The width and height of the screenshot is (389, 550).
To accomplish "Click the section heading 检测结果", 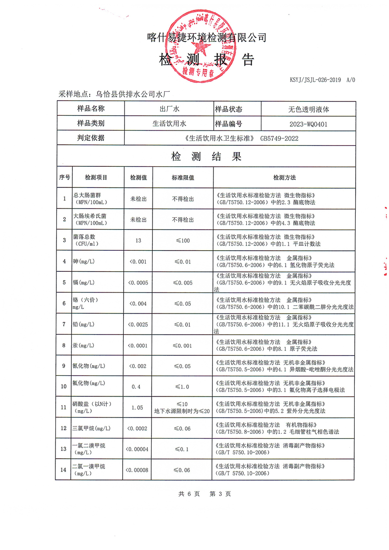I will pyautogui.click(x=206, y=157).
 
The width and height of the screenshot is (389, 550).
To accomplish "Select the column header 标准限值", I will pyautogui.click(x=183, y=177).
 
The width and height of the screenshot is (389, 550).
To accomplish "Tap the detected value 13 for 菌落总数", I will pyautogui.click(x=138, y=240).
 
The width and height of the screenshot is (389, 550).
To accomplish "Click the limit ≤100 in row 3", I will pyautogui.click(x=183, y=240).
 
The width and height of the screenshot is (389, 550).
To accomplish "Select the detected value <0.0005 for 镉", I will pyautogui.click(x=138, y=283).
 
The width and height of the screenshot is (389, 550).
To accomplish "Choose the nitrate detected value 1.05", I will pyautogui.click(x=137, y=407).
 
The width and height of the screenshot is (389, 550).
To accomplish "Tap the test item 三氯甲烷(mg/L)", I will pyautogui.click(x=91, y=428).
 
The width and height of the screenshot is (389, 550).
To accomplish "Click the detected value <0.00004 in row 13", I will pyautogui.click(x=138, y=449).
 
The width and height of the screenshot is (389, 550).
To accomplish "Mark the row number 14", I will pyautogui.click(x=64, y=470).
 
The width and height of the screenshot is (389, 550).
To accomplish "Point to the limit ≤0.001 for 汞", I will pyautogui.click(x=183, y=345).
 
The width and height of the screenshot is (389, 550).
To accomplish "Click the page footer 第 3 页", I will pyautogui.click(x=220, y=494).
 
